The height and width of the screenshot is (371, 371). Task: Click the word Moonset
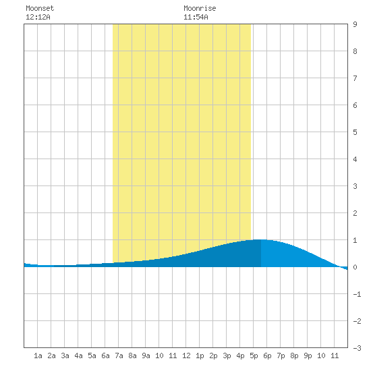point(40,8)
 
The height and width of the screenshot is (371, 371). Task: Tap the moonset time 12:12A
point(38,17)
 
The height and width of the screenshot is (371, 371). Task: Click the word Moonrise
point(200,8)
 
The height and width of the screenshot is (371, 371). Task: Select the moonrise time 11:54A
point(196,17)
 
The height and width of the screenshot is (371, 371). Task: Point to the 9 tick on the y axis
point(355,24)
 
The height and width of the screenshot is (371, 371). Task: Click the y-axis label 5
point(355,132)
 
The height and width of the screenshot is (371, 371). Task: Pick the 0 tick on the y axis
point(355,267)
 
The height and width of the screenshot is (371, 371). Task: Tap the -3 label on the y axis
point(357,348)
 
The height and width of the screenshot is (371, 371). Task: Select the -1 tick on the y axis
point(357,294)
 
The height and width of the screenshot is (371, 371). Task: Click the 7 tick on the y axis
point(355,78)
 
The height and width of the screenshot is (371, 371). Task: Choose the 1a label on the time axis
point(38,355)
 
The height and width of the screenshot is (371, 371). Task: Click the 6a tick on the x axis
point(105,355)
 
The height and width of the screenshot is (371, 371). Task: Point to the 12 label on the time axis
point(186,355)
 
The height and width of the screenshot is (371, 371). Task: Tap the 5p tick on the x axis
point(254,355)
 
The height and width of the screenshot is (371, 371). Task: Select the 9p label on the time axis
point(308,355)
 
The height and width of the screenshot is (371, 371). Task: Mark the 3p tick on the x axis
point(227,355)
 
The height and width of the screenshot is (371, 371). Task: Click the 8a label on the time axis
point(132,355)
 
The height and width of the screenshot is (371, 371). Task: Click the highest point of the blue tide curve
point(260,239)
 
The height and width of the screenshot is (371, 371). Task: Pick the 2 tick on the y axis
point(355,213)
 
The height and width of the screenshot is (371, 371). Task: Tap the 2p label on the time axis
point(213,355)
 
